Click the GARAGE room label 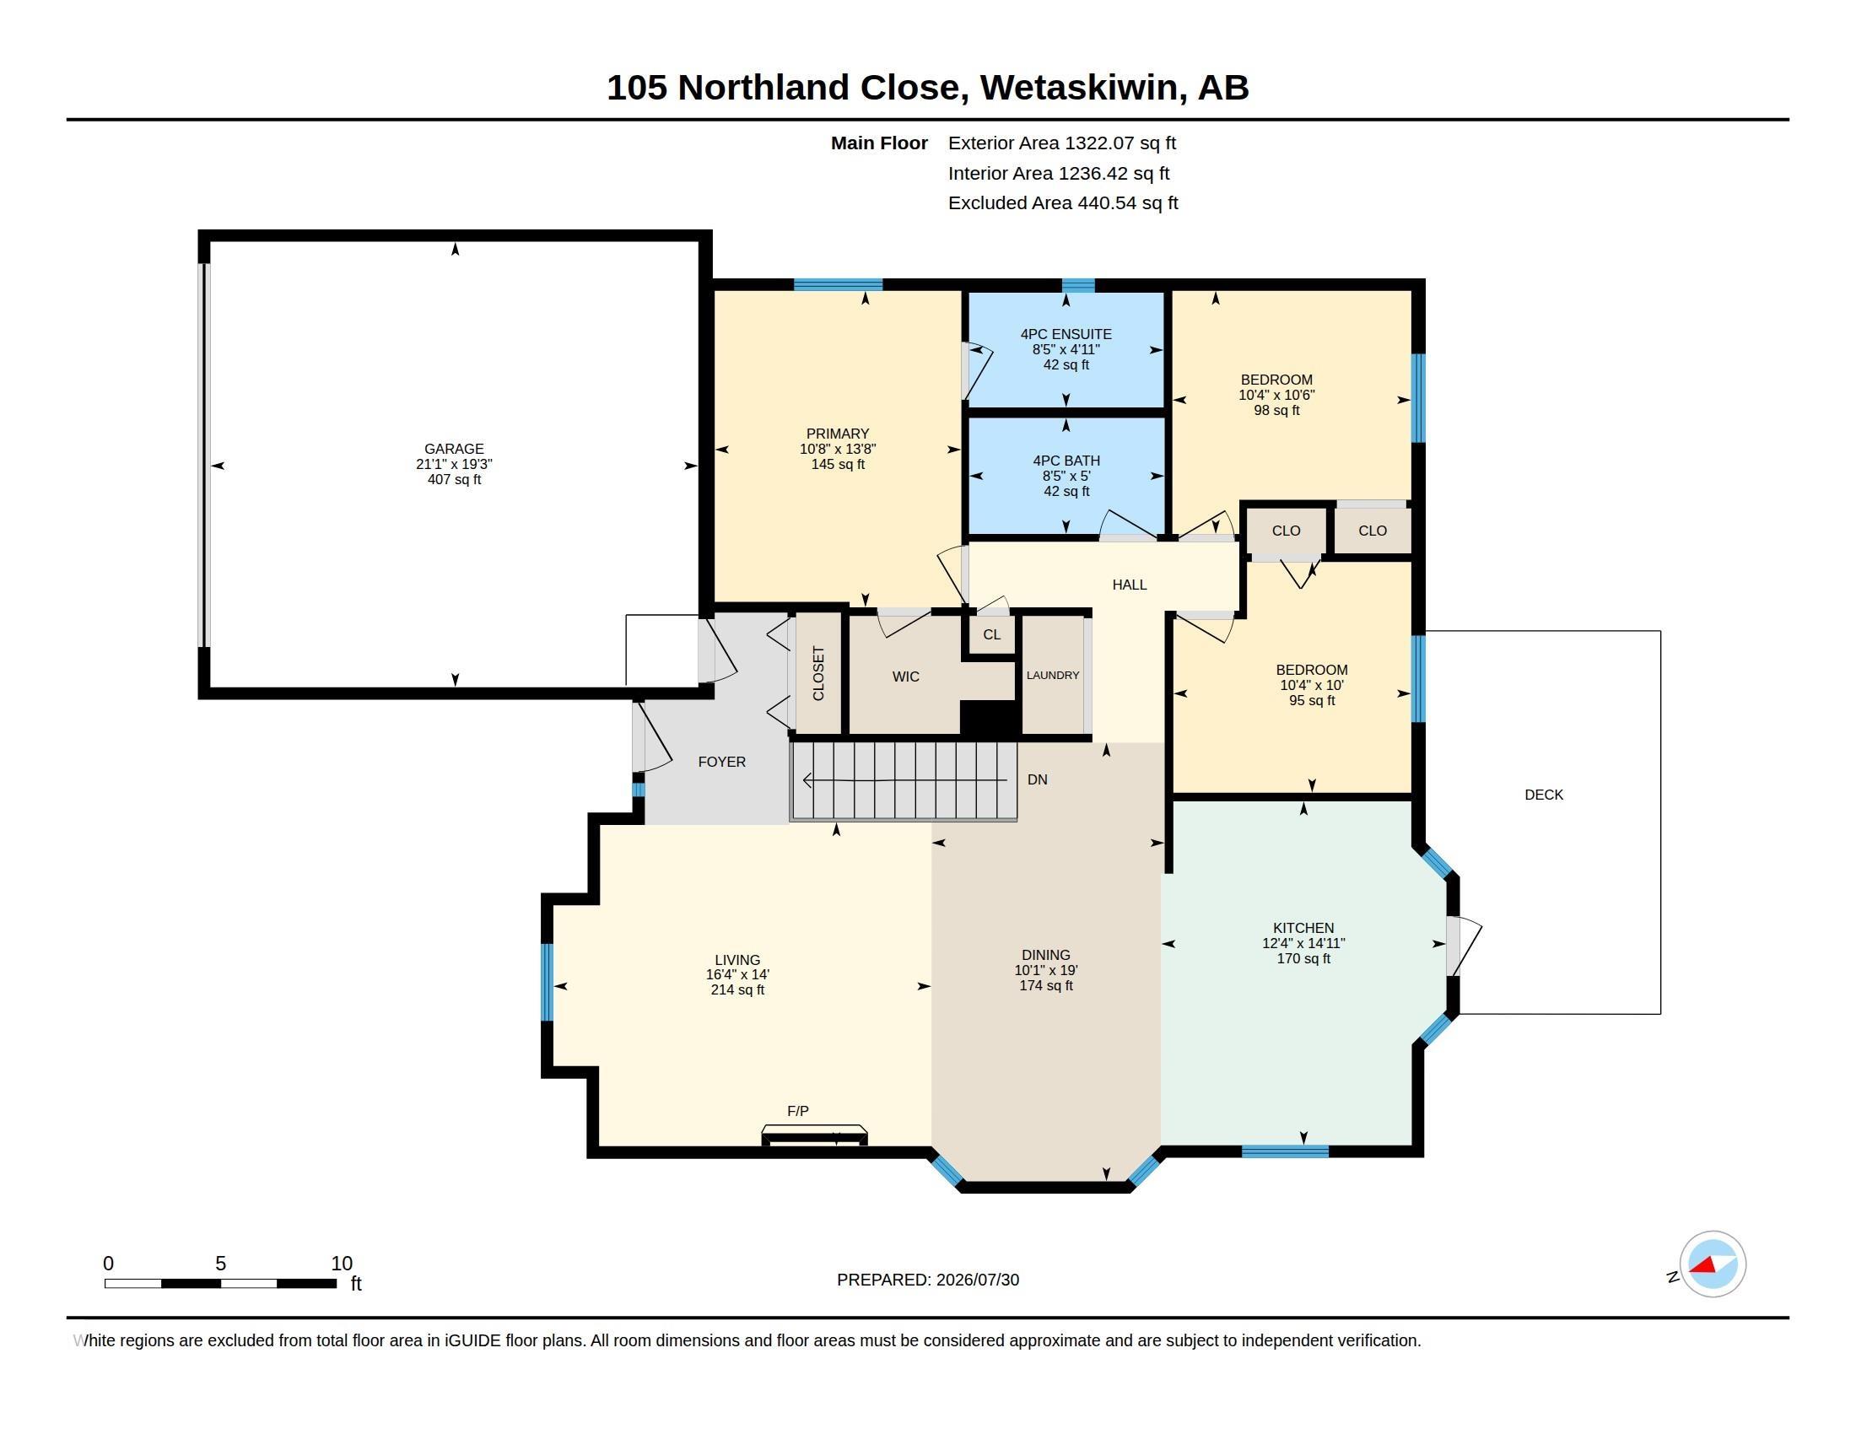tap(454, 449)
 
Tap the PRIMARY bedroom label tap(837, 434)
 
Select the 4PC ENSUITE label tap(1066, 334)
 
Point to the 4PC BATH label tap(1066, 461)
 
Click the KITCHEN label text tap(1303, 928)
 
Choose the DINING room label tap(1045, 955)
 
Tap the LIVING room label tap(736, 960)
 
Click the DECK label tap(1543, 795)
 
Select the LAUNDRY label tap(1052, 676)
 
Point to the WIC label tap(905, 677)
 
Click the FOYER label tap(721, 762)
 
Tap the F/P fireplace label tap(797, 1110)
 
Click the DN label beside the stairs tap(1037, 779)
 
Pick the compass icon tap(1712, 1264)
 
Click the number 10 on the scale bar tap(342, 1264)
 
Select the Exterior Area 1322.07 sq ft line tap(1061, 143)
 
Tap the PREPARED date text tap(927, 1280)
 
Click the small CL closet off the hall tap(991, 634)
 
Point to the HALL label tap(1129, 585)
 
